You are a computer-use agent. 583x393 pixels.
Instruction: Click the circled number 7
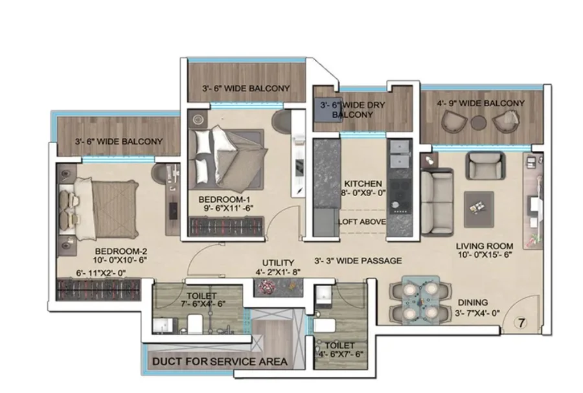click(x=521, y=323)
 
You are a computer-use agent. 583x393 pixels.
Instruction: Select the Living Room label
click(x=485, y=246)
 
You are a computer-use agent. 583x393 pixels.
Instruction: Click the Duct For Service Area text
click(x=220, y=361)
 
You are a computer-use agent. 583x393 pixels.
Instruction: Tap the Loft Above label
click(x=361, y=222)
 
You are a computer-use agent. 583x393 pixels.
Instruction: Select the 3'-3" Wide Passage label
click(x=358, y=261)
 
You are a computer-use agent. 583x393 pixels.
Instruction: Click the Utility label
click(x=278, y=263)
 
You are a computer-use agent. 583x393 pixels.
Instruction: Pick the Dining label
click(x=473, y=303)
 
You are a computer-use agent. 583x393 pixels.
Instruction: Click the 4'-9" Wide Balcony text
click(x=481, y=103)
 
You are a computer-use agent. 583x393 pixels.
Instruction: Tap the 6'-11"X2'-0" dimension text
click(x=101, y=273)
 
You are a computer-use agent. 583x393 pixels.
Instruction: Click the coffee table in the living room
click(x=479, y=210)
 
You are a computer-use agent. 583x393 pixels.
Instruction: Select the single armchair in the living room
click(x=485, y=166)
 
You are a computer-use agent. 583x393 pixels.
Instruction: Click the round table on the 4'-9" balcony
click(x=478, y=122)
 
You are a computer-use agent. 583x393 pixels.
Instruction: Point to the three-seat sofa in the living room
click(x=437, y=202)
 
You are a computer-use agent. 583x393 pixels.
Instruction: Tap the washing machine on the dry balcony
click(x=327, y=109)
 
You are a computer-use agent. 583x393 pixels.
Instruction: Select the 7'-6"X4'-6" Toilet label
click(x=201, y=300)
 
